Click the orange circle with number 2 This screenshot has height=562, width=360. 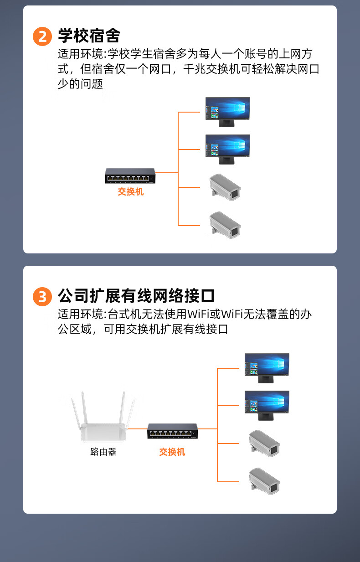42,36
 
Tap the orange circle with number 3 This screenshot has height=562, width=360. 42,297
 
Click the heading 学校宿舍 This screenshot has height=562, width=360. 89,36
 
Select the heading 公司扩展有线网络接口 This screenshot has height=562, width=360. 136,296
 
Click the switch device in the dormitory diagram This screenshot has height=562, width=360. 130,175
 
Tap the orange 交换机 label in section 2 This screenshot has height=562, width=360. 131,192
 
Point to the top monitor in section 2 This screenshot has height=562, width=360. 228,112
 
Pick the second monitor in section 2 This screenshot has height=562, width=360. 228,150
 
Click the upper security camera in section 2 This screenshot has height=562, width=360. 225,187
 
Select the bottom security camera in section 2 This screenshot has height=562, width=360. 225,225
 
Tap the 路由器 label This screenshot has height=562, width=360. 103,452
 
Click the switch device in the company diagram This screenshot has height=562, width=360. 172,431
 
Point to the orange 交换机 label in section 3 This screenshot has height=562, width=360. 172,452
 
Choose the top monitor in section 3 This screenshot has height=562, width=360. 267,368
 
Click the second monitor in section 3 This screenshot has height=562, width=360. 267,406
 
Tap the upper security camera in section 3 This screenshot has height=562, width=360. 264,443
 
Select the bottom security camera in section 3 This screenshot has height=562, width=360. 264,481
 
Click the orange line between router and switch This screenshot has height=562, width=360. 137,429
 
